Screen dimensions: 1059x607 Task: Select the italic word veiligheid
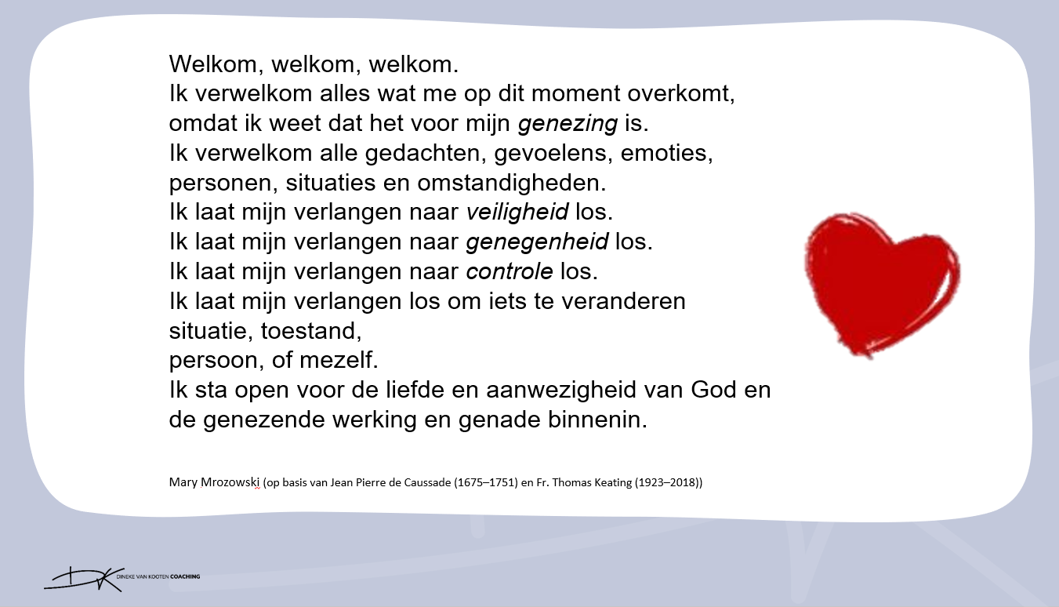pyautogui.click(x=517, y=212)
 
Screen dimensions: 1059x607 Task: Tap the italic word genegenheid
pyautogui.click(x=537, y=242)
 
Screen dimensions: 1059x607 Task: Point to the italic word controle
pyautogui.click(x=510, y=271)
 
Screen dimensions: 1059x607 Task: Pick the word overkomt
pyautogui.click(x=680, y=93)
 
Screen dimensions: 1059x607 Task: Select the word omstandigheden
pyautogui.click(x=512, y=183)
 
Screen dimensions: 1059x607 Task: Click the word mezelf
pyautogui.click(x=339, y=360)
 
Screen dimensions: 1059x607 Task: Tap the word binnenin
pyautogui.click(x=597, y=420)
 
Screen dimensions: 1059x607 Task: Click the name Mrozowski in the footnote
pyautogui.click(x=230, y=482)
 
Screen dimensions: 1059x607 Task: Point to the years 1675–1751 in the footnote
pyautogui.click(x=486, y=482)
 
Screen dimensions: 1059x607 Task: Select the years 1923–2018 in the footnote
pyautogui.click(x=666, y=482)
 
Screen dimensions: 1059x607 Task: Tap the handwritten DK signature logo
pyautogui.click(x=84, y=579)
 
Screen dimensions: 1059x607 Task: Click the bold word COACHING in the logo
pyautogui.click(x=185, y=576)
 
